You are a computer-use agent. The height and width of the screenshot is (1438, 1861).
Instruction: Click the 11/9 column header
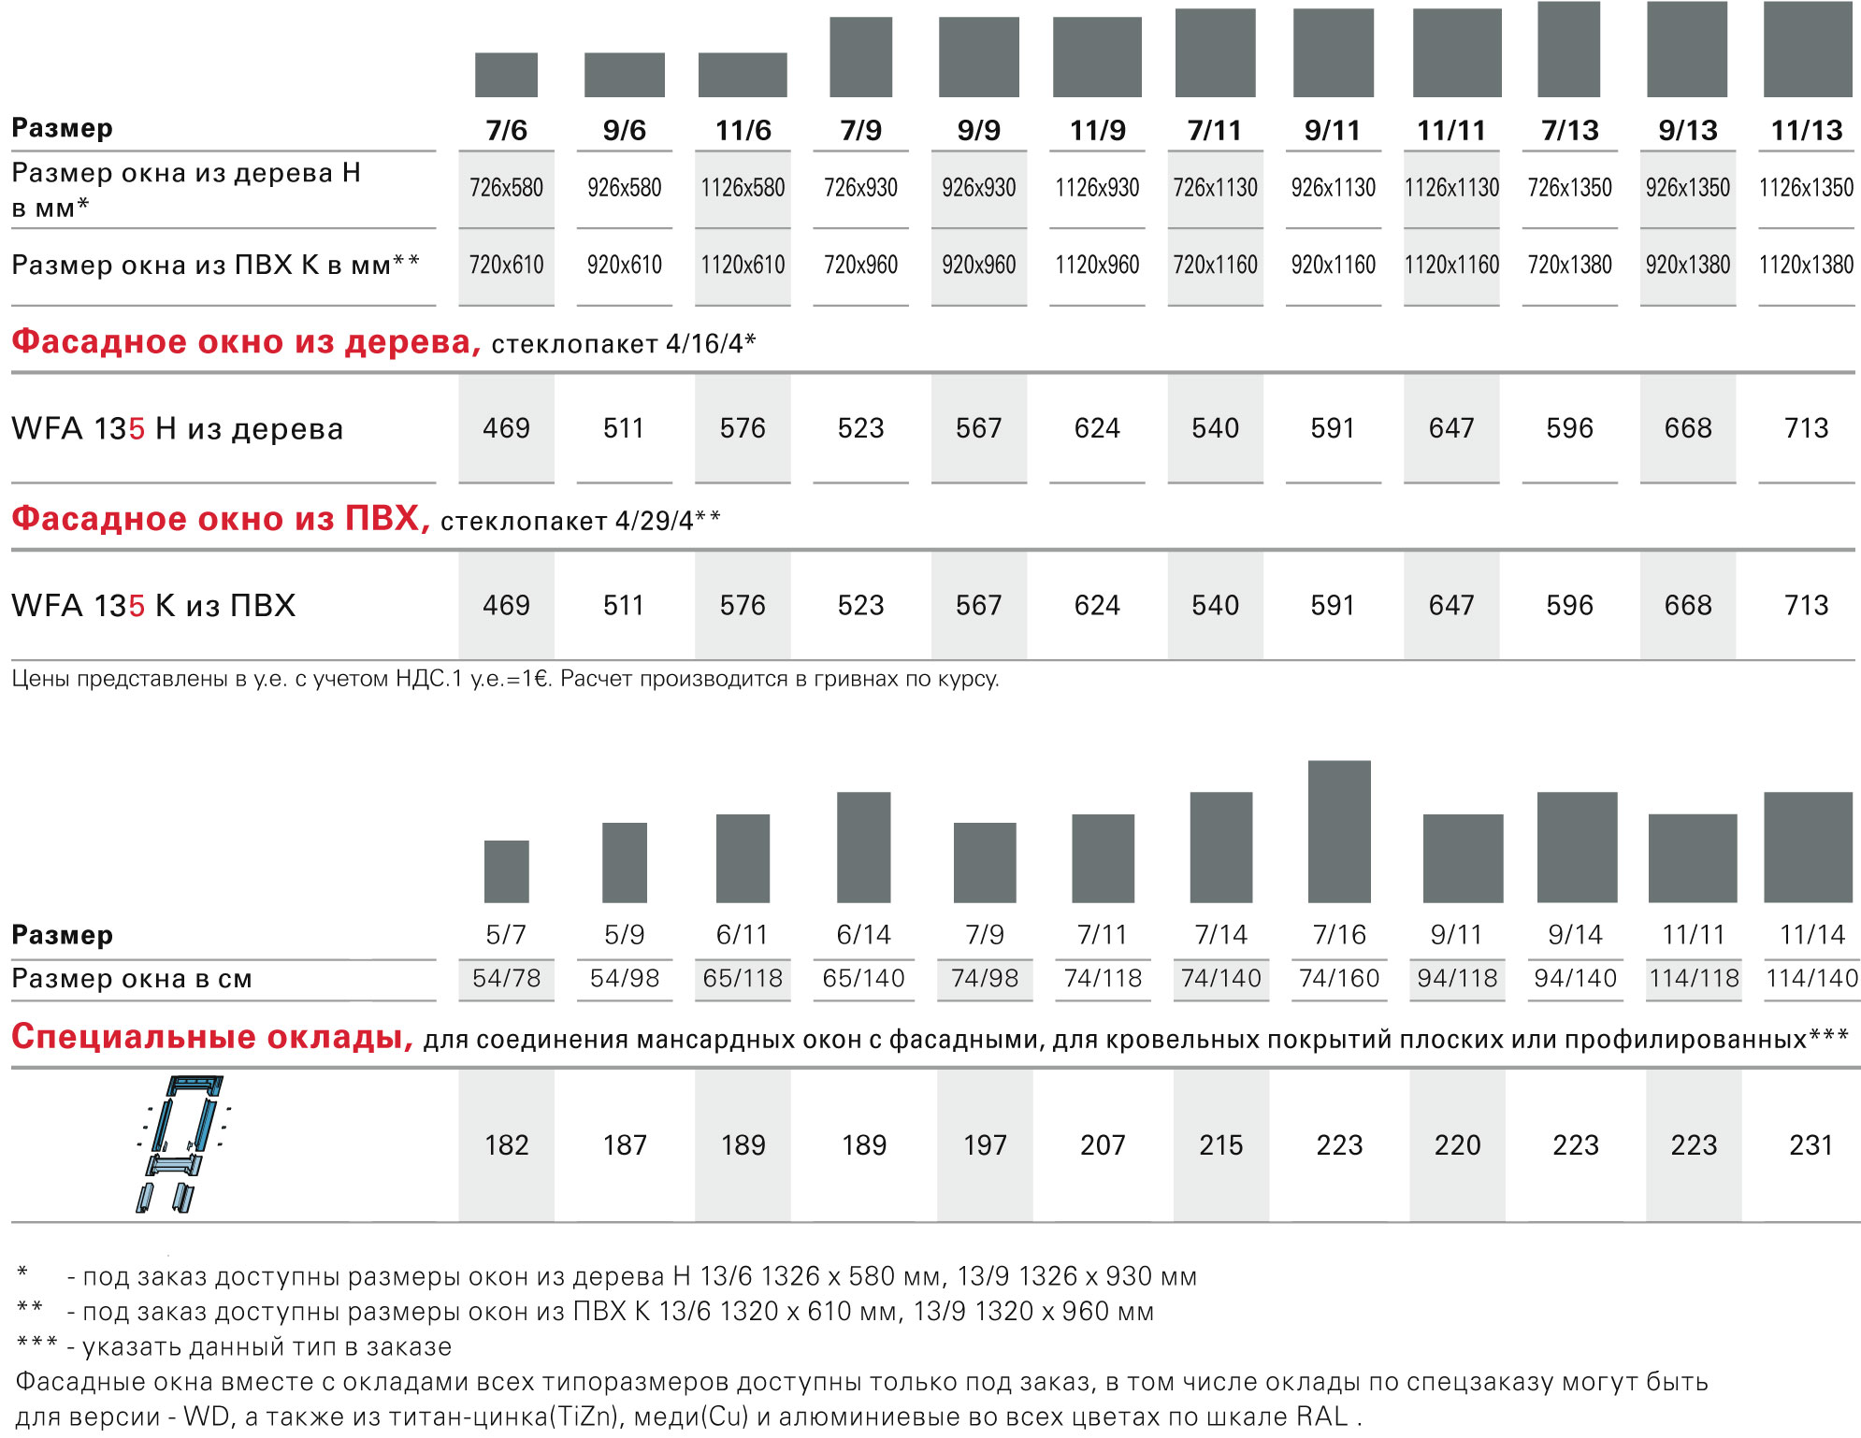pyautogui.click(x=1097, y=130)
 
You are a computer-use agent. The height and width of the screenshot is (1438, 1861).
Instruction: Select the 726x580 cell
pyautogui.click(x=506, y=188)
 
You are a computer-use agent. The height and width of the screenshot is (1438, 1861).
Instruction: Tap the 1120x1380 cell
pyautogui.click(x=1806, y=266)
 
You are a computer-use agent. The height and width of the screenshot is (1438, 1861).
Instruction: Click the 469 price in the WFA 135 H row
pyautogui.click(x=506, y=428)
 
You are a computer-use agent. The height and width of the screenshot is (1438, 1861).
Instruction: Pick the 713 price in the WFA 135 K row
pyautogui.click(x=1806, y=606)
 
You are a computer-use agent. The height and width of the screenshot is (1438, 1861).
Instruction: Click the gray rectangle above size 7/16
pyautogui.click(x=1339, y=831)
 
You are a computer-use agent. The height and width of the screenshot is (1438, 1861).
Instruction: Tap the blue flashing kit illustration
pyautogui.click(x=182, y=1143)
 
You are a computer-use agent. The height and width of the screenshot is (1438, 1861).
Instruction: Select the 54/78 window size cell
pyautogui.click(x=506, y=979)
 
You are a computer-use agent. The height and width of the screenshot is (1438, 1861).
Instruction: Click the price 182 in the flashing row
pyautogui.click(x=506, y=1145)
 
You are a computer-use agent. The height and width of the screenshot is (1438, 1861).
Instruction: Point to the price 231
pyautogui.click(x=1811, y=1145)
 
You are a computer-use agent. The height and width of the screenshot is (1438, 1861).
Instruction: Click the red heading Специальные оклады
pyautogui.click(x=212, y=1037)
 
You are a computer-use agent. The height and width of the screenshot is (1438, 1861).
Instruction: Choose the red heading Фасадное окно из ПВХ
pyautogui.click(x=221, y=518)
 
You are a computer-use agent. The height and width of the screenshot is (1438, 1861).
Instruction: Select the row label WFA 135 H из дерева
pyautogui.click(x=178, y=429)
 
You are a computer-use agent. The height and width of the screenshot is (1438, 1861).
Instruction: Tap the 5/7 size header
pyautogui.click(x=506, y=934)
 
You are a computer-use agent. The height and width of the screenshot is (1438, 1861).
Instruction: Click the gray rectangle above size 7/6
pyautogui.click(x=506, y=75)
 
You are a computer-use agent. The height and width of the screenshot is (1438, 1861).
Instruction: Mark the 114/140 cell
pyautogui.click(x=1811, y=979)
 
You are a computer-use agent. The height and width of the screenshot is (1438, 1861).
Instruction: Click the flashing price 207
pyautogui.click(x=1103, y=1145)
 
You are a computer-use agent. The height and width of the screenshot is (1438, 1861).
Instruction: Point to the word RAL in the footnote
pyautogui.click(x=1322, y=1416)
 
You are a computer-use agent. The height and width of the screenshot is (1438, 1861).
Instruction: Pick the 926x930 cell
pyautogui.click(x=978, y=188)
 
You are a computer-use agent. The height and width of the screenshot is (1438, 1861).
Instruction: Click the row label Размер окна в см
pyautogui.click(x=132, y=979)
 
